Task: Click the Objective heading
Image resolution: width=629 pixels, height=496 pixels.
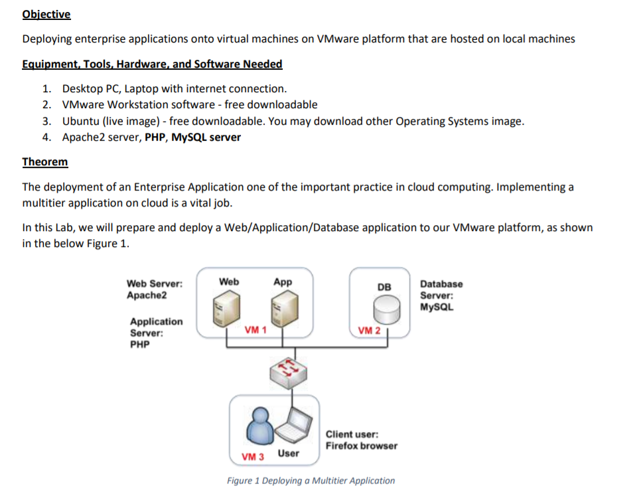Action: (x=46, y=14)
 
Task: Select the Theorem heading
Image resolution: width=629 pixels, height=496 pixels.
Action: (x=44, y=161)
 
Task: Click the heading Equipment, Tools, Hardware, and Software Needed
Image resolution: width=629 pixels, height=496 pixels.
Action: (x=152, y=64)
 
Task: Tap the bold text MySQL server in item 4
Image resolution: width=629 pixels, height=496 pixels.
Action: (x=206, y=137)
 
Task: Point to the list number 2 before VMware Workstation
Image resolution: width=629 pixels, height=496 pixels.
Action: (x=46, y=104)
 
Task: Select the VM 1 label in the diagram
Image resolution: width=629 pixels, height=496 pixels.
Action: (x=255, y=329)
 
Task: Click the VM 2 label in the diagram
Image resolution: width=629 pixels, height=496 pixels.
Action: (x=369, y=330)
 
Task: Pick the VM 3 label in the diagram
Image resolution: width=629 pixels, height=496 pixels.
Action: (x=252, y=457)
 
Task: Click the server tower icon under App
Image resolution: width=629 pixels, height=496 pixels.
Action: (x=282, y=307)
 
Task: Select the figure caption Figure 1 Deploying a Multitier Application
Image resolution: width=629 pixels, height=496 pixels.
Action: (x=311, y=481)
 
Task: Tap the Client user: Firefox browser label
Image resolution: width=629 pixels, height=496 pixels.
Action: (x=361, y=440)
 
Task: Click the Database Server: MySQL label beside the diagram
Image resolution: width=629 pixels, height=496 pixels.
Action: (x=441, y=295)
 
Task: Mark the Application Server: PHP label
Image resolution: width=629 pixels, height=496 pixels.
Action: (x=155, y=333)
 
